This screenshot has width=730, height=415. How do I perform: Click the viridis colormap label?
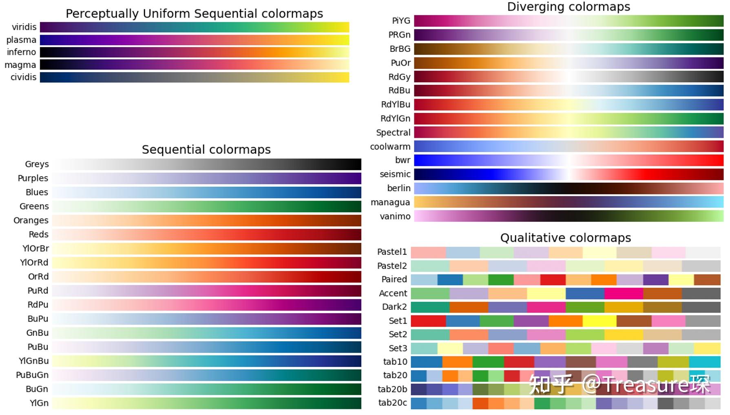coord(24,27)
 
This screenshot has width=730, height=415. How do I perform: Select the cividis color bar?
coord(194,77)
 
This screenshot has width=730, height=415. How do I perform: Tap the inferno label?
coord(21,52)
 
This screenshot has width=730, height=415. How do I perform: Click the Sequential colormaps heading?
coord(206,150)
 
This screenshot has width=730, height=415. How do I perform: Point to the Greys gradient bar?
coord(206,164)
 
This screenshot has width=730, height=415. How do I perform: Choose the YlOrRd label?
coord(34,263)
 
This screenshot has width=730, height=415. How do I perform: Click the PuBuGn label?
coord(32,375)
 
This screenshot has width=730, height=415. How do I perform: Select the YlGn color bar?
coord(206,403)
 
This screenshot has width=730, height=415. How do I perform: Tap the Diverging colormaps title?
coord(568,7)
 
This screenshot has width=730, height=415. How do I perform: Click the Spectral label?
coord(393,132)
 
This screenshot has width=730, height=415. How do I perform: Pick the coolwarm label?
coord(390,147)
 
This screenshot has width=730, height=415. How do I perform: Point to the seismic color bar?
coord(569,174)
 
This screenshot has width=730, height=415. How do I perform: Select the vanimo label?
coord(395,216)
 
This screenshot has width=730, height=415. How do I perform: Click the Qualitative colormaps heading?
coord(565,238)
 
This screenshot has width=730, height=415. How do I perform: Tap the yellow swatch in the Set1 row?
coord(599,321)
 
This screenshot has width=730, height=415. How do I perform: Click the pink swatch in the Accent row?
coord(623,293)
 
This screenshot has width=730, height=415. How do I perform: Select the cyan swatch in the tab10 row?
coord(705,362)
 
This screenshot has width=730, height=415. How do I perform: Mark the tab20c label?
coord(392,403)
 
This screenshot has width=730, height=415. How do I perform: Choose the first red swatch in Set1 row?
coord(428,321)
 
